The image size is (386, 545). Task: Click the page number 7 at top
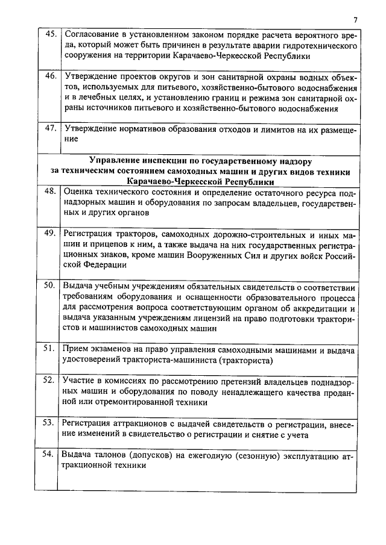(x=355, y=20)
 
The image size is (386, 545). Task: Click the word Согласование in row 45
(x=90, y=34)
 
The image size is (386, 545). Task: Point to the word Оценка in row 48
(x=80, y=191)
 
